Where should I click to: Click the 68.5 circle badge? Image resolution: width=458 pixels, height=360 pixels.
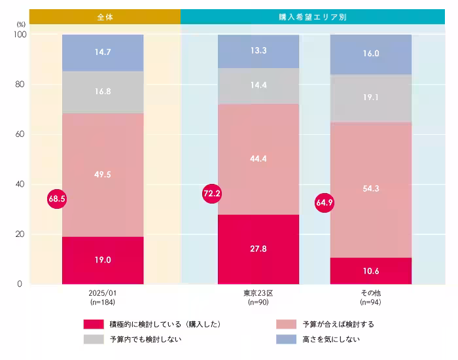pos(57,198)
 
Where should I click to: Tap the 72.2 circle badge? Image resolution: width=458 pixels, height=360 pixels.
pos(213,194)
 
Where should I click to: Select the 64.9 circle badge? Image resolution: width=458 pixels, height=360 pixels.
pos(325,203)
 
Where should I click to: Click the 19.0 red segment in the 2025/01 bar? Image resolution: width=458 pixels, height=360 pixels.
pos(103,260)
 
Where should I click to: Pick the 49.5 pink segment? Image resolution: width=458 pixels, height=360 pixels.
pos(103,175)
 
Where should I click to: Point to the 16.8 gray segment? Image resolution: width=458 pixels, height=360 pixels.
pos(103,92)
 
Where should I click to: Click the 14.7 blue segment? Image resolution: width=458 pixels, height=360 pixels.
pos(103,52)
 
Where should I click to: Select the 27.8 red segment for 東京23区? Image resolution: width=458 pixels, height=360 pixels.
pos(258,249)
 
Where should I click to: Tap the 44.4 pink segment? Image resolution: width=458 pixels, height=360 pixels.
pos(258,158)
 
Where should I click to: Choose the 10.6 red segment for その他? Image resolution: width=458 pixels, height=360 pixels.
pos(371,270)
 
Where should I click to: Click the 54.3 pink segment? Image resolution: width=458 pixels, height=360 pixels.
pos(371,189)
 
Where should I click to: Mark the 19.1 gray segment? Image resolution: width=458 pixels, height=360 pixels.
pos(371,98)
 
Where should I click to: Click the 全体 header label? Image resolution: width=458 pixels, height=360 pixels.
pos(105,17)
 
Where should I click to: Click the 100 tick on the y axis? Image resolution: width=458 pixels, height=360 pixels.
pos(18,34)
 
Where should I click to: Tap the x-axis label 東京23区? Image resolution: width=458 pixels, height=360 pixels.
pos(258,293)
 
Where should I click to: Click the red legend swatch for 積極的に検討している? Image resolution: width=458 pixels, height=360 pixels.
pos(94,324)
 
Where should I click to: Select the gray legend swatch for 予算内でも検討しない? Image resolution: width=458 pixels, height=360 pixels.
pos(94,339)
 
